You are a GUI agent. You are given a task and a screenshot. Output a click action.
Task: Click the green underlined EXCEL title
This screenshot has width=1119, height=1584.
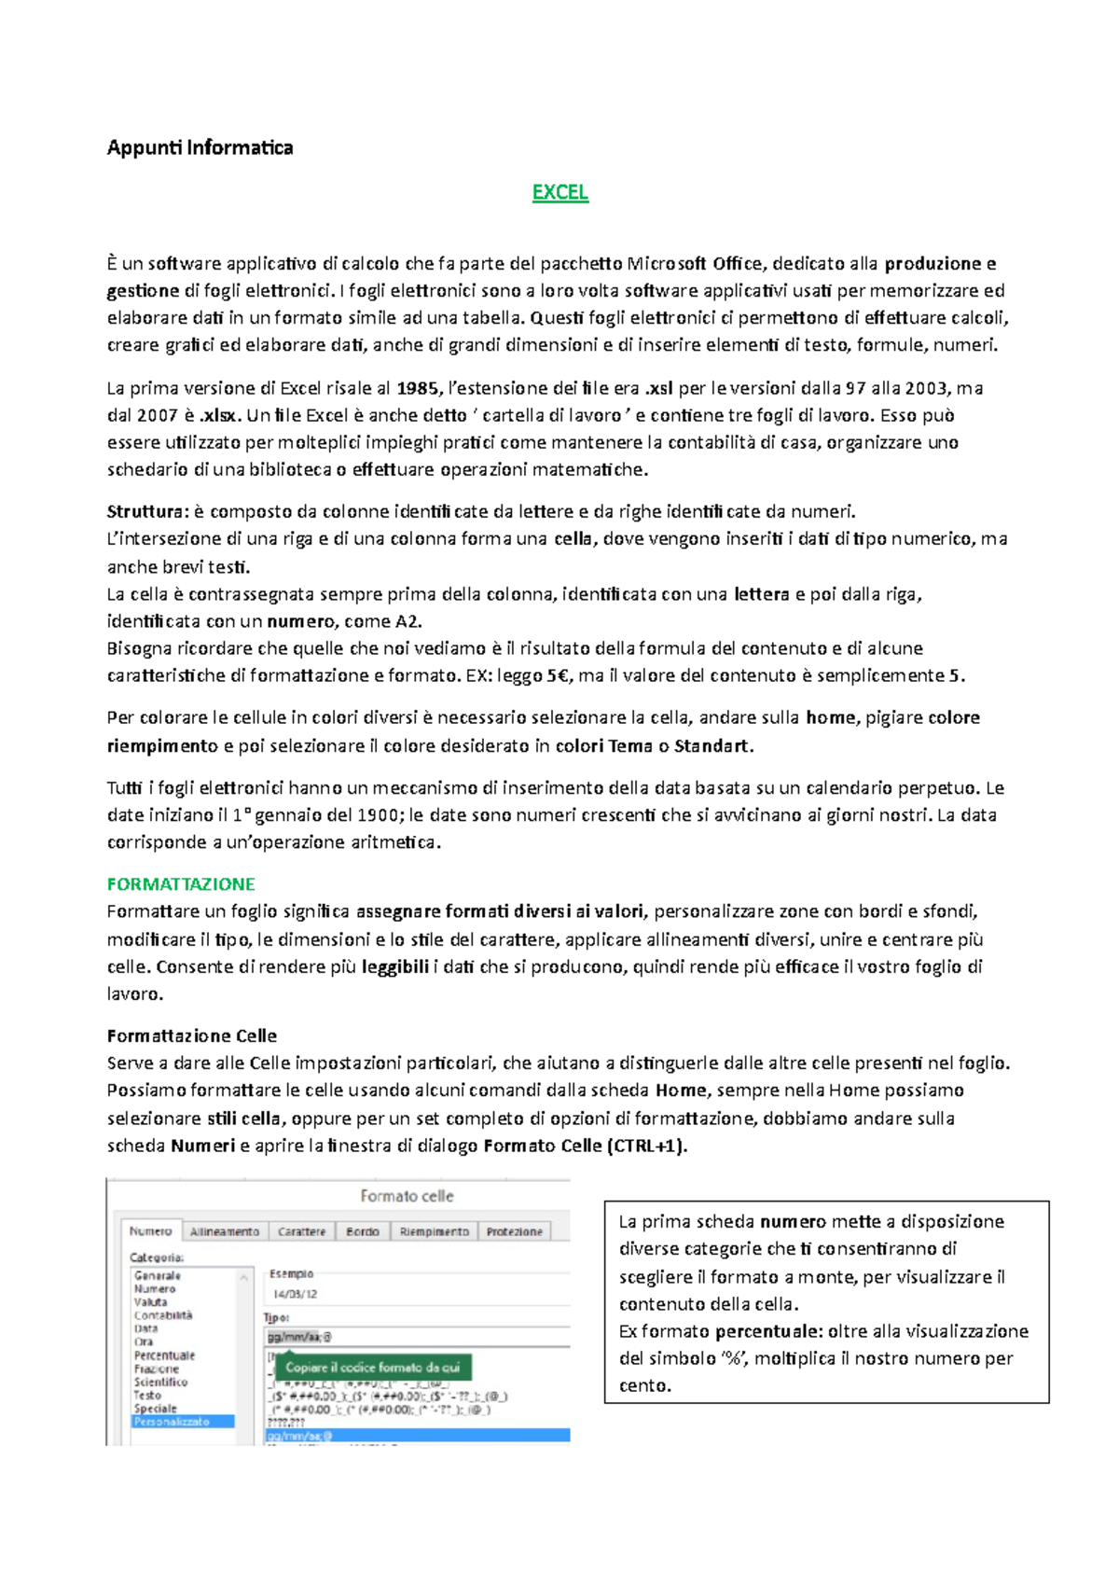click(559, 192)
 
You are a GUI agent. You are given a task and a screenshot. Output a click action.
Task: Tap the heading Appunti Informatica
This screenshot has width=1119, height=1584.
click(200, 147)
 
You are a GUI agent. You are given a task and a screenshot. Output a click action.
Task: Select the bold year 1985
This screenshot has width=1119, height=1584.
click(415, 388)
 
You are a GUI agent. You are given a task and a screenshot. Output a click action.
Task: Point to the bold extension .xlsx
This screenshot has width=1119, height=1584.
click(220, 415)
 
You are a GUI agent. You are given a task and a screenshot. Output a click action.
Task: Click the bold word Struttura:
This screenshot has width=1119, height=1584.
click(147, 511)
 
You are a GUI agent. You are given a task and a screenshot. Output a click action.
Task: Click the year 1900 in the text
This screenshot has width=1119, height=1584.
click(379, 815)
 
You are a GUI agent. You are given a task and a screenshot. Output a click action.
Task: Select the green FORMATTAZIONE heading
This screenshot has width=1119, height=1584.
click(181, 883)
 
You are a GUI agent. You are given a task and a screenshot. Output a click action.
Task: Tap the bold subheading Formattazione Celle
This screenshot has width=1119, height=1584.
click(191, 1035)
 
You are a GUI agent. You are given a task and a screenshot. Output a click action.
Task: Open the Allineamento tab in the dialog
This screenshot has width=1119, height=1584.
click(225, 1231)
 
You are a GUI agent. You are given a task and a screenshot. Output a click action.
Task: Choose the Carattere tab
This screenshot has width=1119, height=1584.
click(301, 1231)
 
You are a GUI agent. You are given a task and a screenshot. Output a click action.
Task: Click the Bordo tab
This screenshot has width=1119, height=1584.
click(362, 1231)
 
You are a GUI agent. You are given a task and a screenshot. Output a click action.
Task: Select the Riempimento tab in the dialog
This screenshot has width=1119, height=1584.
click(434, 1231)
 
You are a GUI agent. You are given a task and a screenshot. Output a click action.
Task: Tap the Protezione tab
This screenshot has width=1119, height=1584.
click(514, 1231)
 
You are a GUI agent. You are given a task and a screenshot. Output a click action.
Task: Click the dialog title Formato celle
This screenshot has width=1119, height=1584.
click(407, 1196)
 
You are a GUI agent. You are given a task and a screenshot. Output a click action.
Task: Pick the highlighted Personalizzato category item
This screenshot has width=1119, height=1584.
click(172, 1422)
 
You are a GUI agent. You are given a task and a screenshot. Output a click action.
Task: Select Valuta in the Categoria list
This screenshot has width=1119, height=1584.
click(150, 1302)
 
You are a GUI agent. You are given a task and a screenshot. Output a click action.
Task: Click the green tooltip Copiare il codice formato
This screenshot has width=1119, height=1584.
click(372, 1368)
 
